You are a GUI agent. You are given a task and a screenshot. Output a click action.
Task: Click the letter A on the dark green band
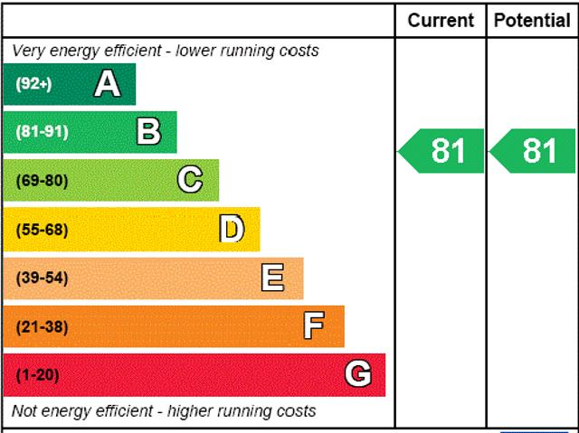pyautogui.click(x=107, y=84)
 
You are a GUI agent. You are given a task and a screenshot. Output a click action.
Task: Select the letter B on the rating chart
pyautogui.click(x=148, y=132)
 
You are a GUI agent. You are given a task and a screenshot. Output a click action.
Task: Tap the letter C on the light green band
pyautogui.click(x=190, y=180)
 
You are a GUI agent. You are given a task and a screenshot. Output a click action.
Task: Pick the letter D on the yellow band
pyautogui.click(x=232, y=229)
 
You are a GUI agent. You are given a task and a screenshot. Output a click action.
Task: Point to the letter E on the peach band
pyautogui.click(x=272, y=278)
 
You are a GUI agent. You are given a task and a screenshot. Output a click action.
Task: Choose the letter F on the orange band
pyautogui.click(x=314, y=325)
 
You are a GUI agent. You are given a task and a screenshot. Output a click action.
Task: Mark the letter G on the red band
pyautogui.click(x=358, y=374)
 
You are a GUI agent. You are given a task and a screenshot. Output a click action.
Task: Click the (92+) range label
pyautogui.click(x=33, y=84)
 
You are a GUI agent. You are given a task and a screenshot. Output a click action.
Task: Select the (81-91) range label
pyautogui.click(x=42, y=132)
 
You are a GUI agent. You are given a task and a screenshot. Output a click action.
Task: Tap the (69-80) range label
pyautogui.click(x=42, y=180)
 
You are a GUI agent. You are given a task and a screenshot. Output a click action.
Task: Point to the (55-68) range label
pyautogui.click(x=42, y=229)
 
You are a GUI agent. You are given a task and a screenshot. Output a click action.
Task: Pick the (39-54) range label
pyautogui.click(x=42, y=278)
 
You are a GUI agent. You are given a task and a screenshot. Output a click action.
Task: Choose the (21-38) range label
pyautogui.click(x=42, y=326)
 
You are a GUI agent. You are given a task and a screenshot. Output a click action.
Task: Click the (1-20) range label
pyautogui.click(x=37, y=374)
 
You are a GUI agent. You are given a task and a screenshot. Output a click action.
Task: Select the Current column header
pyautogui.click(x=441, y=20)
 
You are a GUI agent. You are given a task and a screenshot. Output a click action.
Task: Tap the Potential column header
pyautogui.click(x=533, y=20)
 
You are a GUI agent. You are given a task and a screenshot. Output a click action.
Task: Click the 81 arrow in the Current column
pyautogui.click(x=441, y=151)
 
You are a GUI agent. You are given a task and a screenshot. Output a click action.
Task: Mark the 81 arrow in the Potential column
pyautogui.click(x=533, y=151)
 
